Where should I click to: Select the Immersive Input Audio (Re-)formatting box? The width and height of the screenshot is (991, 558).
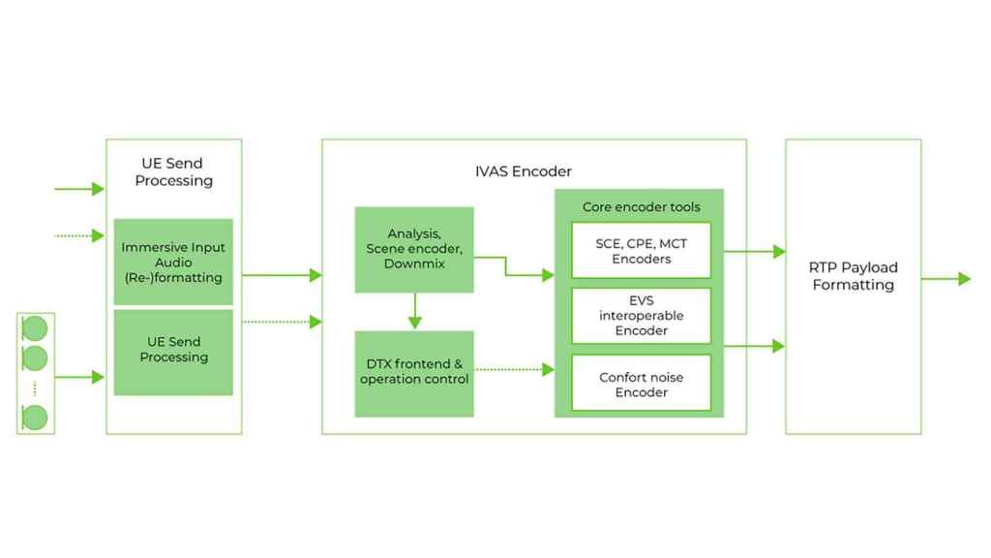pos(173,263)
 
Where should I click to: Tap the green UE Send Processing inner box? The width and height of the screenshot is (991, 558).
pos(173,351)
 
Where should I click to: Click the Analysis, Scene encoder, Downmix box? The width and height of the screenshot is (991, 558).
pos(414,249)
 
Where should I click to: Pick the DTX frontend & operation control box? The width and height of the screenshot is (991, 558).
pos(414,372)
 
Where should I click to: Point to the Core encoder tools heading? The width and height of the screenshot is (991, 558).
pos(641,207)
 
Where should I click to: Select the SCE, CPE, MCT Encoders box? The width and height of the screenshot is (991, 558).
pos(641,251)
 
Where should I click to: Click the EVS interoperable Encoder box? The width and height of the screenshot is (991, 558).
pos(641,316)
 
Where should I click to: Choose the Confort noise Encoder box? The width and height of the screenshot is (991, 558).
pos(641,385)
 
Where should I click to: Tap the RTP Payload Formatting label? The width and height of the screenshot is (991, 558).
pos(853,276)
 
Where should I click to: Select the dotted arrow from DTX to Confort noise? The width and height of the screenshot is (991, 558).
pos(514,369)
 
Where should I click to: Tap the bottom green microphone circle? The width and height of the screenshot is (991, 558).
pos(35,418)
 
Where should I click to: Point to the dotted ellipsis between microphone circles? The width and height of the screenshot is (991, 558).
pos(35,388)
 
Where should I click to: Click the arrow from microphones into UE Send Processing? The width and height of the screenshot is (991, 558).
pos(80,377)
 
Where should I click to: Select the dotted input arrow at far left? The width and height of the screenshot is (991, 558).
pos(79,235)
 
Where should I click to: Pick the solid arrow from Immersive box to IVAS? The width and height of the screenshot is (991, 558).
pos(281,276)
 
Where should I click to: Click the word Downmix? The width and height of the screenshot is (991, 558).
pos(414,263)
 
